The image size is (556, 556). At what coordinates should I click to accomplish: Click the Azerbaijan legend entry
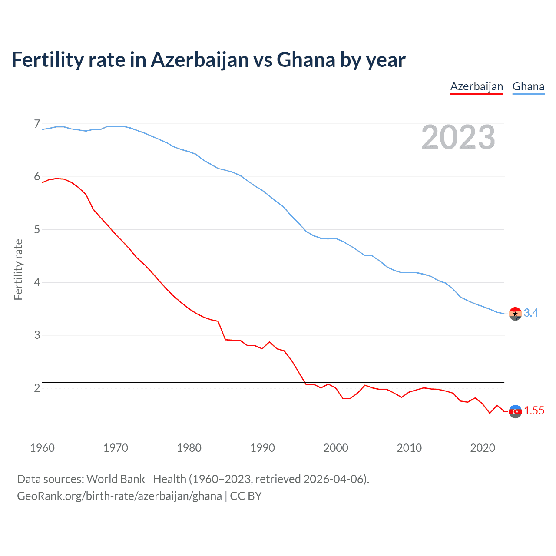477,87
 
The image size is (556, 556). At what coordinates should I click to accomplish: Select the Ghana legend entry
528,87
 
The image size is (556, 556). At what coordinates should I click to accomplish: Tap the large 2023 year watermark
458,137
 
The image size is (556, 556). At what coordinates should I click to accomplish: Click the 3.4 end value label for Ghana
531,313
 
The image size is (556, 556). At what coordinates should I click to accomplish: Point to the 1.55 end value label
534,410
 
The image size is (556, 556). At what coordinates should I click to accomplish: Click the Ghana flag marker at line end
515,314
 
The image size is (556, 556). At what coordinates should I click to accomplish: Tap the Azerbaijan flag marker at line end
515,411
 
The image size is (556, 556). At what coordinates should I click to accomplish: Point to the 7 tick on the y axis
37,124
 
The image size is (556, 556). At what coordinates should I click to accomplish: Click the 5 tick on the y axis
37,229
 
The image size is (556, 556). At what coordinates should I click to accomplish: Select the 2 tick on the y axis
37,388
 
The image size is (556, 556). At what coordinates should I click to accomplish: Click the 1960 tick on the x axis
42,448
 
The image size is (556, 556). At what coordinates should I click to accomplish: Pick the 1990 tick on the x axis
262,448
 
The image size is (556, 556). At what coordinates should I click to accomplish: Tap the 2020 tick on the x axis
483,448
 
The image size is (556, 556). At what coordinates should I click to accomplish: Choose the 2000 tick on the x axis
336,448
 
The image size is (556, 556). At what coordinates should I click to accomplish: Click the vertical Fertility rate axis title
18,269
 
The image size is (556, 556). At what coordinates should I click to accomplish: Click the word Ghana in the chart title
306,60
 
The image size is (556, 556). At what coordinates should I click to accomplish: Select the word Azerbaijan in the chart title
200,60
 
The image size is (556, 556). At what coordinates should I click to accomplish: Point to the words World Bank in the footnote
116,479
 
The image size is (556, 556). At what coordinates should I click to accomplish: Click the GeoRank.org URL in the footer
119,496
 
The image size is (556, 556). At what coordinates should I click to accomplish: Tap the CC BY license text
246,496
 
